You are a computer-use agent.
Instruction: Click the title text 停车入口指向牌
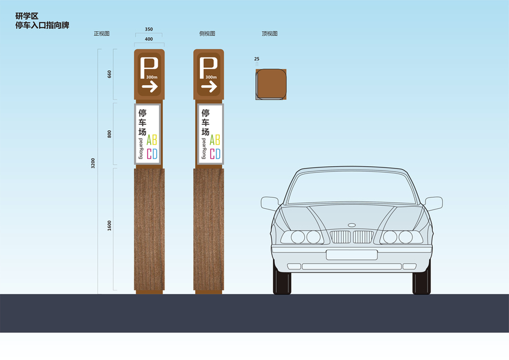click(x=42, y=26)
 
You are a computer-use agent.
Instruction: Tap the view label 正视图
click(x=101, y=34)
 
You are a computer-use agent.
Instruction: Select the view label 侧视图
click(x=207, y=34)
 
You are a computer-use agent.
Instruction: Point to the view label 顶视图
click(x=270, y=34)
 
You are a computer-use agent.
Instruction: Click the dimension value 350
click(x=149, y=29)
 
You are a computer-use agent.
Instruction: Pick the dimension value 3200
click(x=92, y=163)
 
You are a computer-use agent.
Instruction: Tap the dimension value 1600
click(x=109, y=226)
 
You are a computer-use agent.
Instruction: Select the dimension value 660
click(x=109, y=76)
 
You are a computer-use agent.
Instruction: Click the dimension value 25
click(x=257, y=59)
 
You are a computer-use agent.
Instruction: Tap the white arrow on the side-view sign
click(x=208, y=87)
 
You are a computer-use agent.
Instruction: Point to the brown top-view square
click(x=270, y=84)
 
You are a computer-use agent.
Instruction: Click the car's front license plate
click(x=351, y=254)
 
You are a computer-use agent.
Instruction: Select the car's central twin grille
click(x=351, y=236)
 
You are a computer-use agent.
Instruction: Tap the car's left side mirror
click(x=270, y=203)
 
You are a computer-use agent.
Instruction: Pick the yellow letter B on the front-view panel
click(x=155, y=140)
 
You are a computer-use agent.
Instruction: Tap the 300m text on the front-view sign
click(x=151, y=77)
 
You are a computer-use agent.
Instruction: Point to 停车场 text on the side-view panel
click(x=205, y=122)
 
